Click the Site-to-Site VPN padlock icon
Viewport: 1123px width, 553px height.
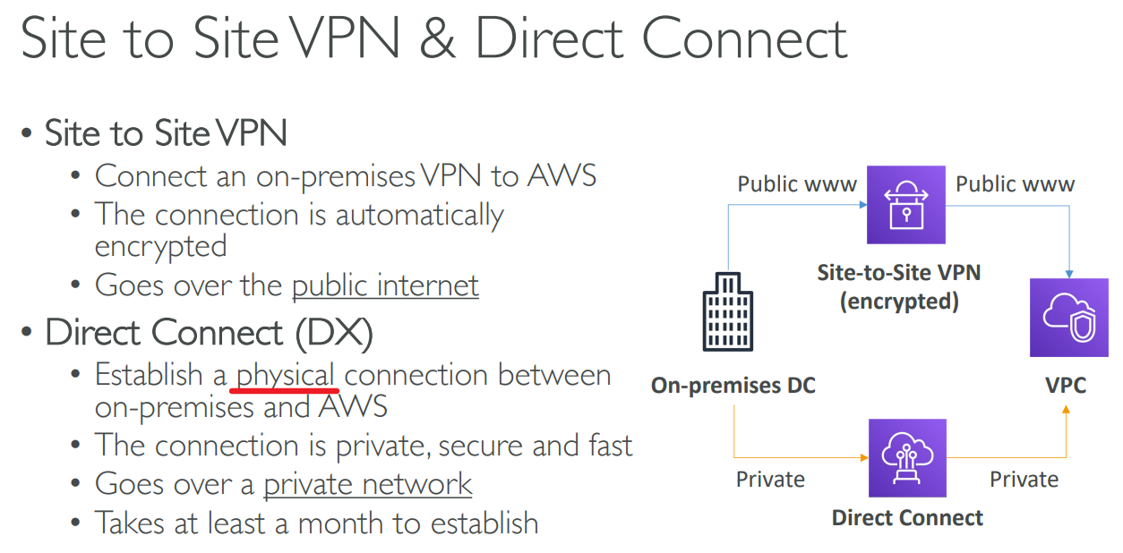coord(906,205)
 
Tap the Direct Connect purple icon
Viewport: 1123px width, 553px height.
coord(907,458)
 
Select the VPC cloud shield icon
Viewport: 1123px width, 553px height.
coord(1068,317)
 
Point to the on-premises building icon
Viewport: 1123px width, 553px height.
coord(728,312)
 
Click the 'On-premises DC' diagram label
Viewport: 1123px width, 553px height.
coord(733,386)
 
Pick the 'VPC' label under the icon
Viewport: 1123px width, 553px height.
coord(1066,386)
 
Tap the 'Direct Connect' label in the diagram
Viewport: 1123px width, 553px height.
coord(907,518)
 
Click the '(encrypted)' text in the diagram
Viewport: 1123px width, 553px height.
coord(899,302)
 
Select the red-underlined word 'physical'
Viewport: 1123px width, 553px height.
coord(286,375)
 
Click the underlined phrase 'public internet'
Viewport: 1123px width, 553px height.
coord(385,285)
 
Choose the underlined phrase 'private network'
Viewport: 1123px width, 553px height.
coord(367,484)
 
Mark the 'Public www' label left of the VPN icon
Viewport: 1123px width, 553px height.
coord(797,184)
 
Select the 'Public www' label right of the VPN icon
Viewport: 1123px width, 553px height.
coord(1015,184)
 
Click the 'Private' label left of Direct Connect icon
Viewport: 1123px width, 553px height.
coord(770,480)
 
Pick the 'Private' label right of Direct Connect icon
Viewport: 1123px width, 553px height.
coord(1024,480)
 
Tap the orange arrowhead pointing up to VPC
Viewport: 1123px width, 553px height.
coord(1066,411)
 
